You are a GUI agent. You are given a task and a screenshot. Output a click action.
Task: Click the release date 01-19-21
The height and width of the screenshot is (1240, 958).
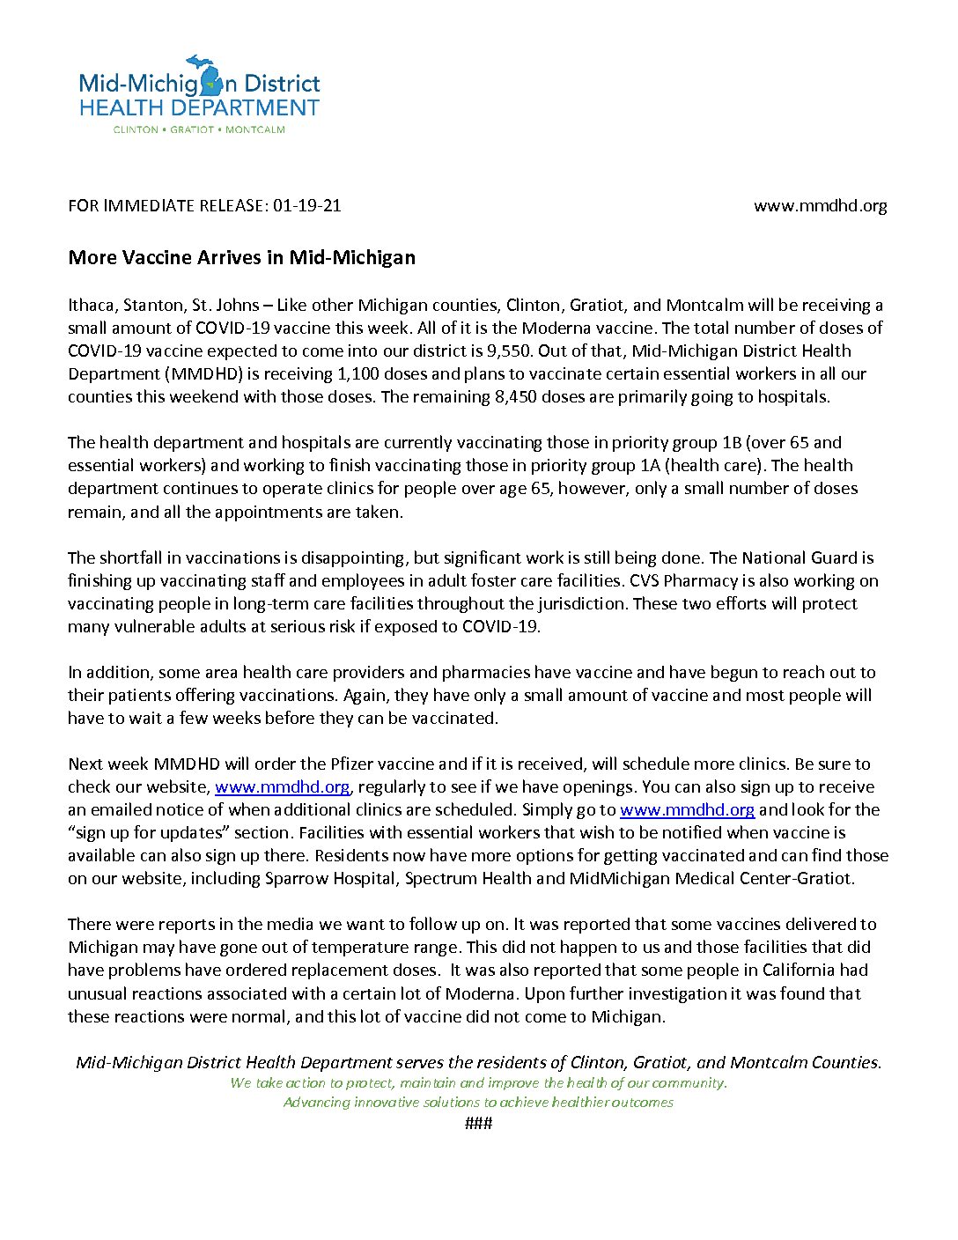pyautogui.click(x=306, y=206)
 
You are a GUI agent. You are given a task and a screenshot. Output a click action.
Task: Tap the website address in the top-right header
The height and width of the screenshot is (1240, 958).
pyautogui.click(x=820, y=206)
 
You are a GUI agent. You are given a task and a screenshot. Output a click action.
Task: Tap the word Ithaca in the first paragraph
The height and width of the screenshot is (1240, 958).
pyautogui.click(x=91, y=306)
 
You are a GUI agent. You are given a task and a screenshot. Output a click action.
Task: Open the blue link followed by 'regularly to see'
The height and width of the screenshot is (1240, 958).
pyautogui.click(x=282, y=786)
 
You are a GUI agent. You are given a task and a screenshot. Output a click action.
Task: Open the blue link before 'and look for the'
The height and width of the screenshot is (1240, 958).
pyautogui.click(x=687, y=809)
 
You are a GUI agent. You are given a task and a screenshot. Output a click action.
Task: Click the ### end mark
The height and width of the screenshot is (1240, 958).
pyautogui.click(x=478, y=1123)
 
